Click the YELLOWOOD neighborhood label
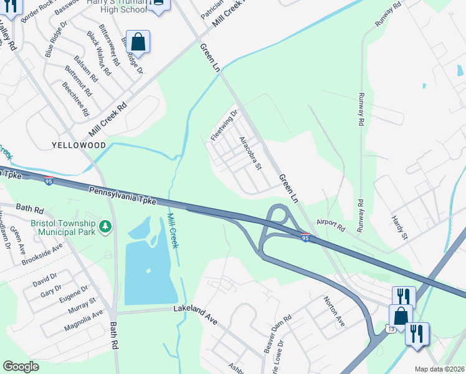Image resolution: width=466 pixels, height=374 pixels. tap(78, 145)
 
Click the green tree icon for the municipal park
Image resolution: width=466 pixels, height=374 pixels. tap(106, 228)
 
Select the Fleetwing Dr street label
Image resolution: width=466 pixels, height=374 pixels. tap(224, 125)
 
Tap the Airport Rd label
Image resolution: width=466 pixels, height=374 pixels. tap(330, 225)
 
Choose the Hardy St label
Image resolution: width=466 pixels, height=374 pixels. tap(398, 228)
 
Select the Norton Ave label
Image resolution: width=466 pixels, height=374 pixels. tap(334, 311)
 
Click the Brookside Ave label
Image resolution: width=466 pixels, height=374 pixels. tap(42, 254)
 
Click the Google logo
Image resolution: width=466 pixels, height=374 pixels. tap(21, 367)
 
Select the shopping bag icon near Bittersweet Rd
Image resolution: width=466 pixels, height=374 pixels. tap(138, 42)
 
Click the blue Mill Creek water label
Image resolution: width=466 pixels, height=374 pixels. tap(173, 231)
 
